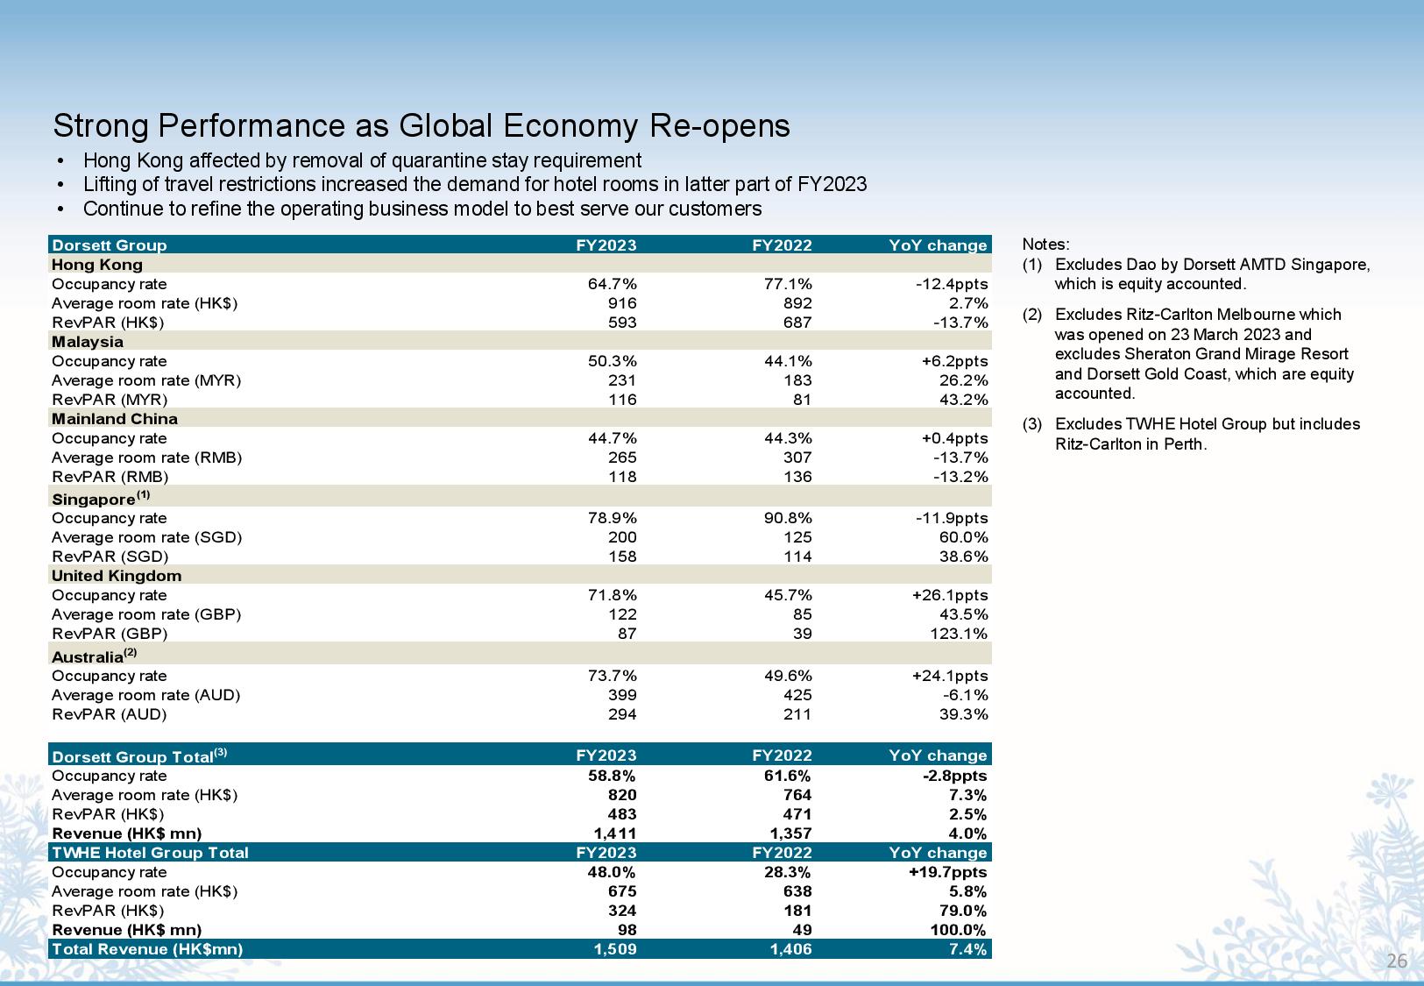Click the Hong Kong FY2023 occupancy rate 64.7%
point(612,284)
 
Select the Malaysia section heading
point(87,342)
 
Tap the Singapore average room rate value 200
point(621,537)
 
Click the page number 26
point(1397,961)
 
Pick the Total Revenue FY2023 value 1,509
point(615,949)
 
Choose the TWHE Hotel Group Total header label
point(150,853)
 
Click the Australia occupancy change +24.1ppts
point(950,676)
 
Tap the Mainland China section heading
point(115,418)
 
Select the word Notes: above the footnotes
point(1045,245)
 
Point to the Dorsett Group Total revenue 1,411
point(615,833)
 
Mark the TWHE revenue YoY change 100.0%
point(958,930)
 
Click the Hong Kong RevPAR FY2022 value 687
point(797,323)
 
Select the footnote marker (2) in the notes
point(1032,315)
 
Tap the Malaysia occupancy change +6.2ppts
point(955,361)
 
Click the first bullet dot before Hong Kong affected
point(60,161)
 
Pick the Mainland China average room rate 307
point(797,458)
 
